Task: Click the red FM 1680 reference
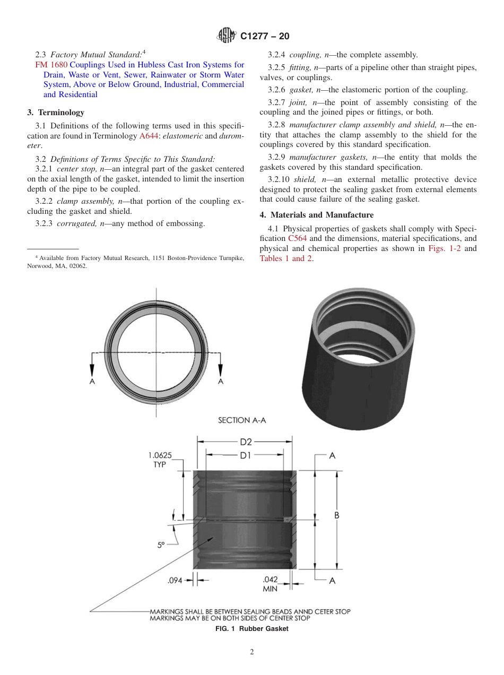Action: (51, 65)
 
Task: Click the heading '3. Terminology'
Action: (55, 112)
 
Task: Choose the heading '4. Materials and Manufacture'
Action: (316, 215)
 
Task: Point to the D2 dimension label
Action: (245, 442)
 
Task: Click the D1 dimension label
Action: (245, 455)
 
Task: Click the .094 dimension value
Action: (175, 581)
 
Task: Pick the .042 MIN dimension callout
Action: (270, 584)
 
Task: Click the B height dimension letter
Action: (336, 516)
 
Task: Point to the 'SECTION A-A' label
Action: (241, 420)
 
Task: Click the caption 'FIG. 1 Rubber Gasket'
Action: (251, 629)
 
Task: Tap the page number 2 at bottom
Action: (252, 652)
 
